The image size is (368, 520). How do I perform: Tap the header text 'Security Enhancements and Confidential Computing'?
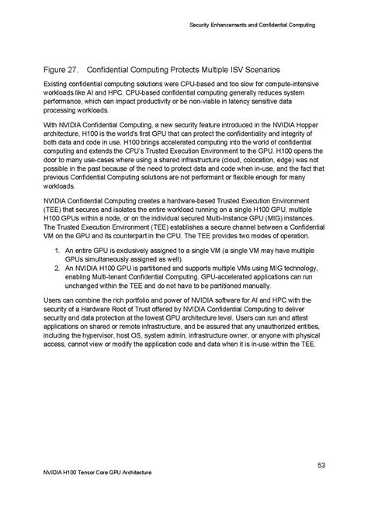point(253,26)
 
